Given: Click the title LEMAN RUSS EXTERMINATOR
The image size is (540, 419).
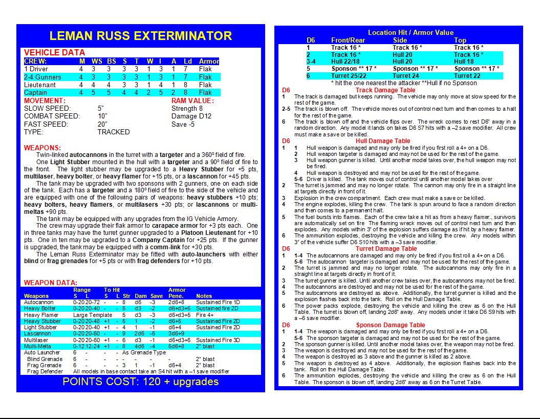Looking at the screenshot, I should [x=140, y=36].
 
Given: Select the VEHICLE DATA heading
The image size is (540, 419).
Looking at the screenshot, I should [x=54, y=52].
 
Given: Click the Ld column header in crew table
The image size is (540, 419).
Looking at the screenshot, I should [x=188, y=61].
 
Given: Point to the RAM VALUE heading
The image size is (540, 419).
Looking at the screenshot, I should [x=192, y=101].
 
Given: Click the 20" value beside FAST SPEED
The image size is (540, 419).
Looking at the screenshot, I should [x=102, y=124].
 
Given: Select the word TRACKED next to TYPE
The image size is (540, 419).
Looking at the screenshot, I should [x=114, y=132].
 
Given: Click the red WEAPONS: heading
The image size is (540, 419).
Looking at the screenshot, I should [x=42, y=148].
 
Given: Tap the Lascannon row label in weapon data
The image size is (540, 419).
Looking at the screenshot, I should [x=37, y=333].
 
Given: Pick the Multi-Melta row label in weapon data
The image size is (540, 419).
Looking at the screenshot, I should [x=37, y=346].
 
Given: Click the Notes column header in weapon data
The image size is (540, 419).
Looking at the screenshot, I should [x=204, y=296].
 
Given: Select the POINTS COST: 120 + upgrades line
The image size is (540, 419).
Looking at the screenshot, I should [x=140, y=382].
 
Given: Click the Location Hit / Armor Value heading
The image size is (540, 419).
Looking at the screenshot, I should [x=411, y=32].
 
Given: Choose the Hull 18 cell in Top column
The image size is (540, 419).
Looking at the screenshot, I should [x=464, y=62].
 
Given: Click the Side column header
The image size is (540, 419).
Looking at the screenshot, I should [x=400, y=40].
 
